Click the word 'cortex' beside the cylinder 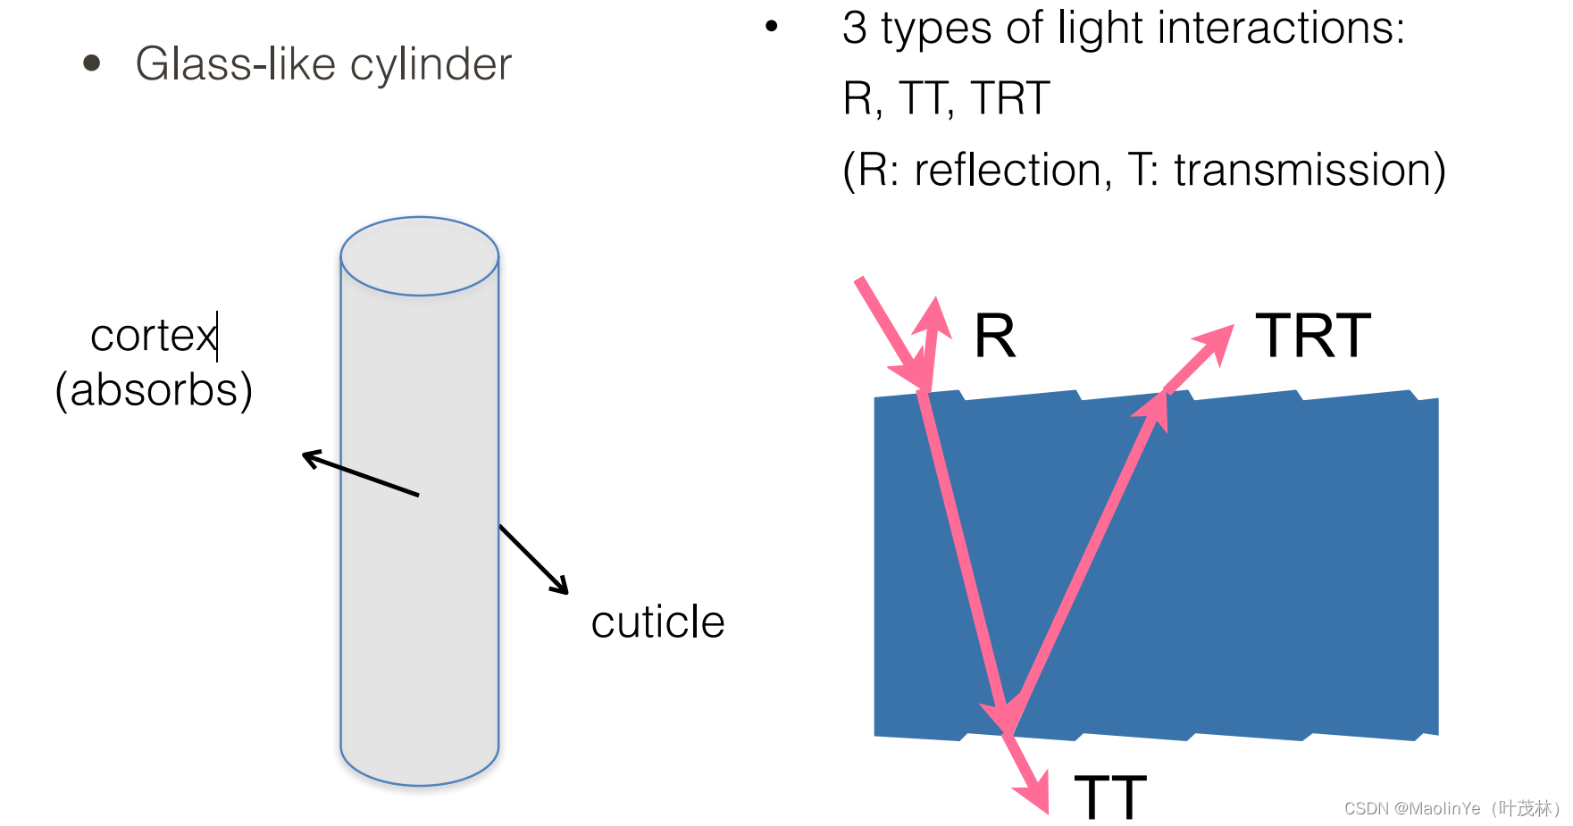pyautogui.click(x=153, y=337)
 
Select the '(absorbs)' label pyautogui.click(x=154, y=390)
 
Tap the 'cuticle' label pyautogui.click(x=657, y=622)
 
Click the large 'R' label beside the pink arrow pyautogui.click(x=994, y=337)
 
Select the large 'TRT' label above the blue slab pyautogui.click(x=1312, y=337)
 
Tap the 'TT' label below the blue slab pyautogui.click(x=1109, y=797)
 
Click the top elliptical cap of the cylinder pyautogui.click(x=419, y=256)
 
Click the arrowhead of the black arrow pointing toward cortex pyautogui.click(x=310, y=458)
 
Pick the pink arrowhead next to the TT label pyautogui.click(x=1034, y=794)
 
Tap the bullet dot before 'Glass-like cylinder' pyautogui.click(x=91, y=63)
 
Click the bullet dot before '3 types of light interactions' pyautogui.click(x=772, y=27)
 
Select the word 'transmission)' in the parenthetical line pyautogui.click(x=1309, y=170)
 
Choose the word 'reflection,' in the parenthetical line pyautogui.click(x=1013, y=170)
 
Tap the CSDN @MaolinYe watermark pyautogui.click(x=1451, y=808)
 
